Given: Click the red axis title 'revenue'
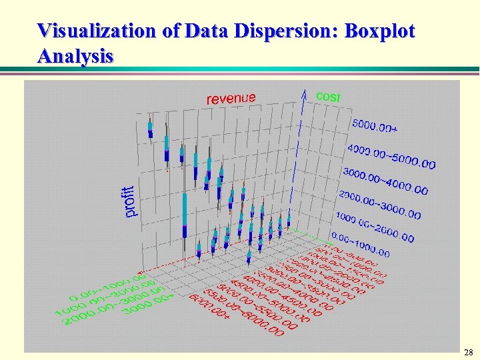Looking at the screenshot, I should pos(231,98).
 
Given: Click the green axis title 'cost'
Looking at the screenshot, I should pos(327,97).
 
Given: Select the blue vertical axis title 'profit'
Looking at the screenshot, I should pos(131,201).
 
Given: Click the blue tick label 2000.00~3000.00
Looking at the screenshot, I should pos(379,205).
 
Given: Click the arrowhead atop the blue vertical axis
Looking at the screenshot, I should pos(304,93).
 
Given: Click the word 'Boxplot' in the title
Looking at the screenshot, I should pos(379,31).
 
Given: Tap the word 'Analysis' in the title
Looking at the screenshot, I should pos(75,55).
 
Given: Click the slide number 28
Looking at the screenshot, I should pos(468,351).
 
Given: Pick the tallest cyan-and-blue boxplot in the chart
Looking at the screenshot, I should pos(185,213).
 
